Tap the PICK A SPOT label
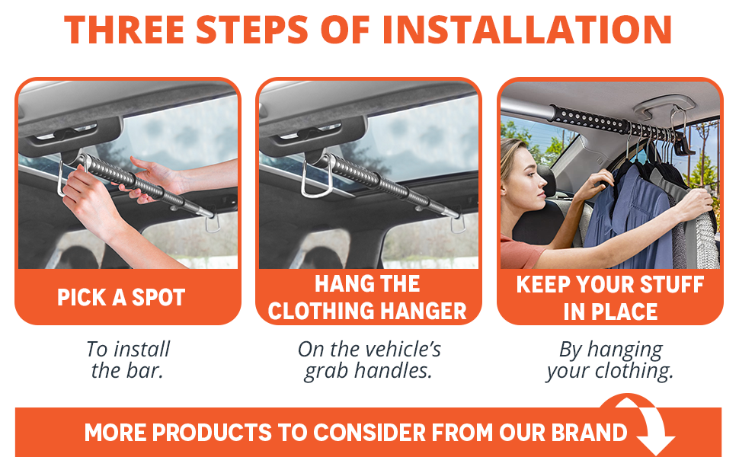[121, 297]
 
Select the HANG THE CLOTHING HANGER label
[368, 297]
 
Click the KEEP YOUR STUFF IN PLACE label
[610, 297]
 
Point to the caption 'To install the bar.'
[127, 360]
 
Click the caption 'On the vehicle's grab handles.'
[369, 360]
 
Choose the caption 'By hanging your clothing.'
[610, 360]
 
